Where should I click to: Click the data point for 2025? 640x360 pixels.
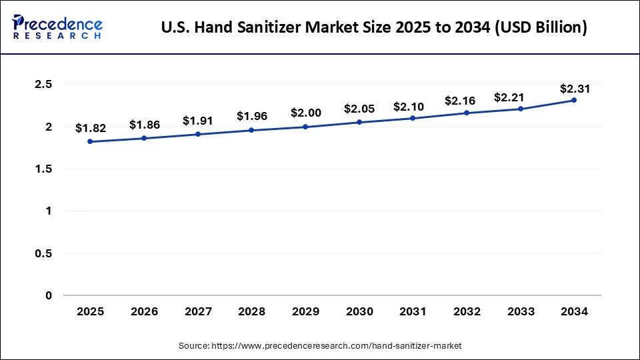(x=90, y=141)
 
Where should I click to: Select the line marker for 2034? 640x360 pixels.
(x=574, y=100)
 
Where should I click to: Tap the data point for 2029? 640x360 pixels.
(x=305, y=127)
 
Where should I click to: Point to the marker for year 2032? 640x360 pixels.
(x=467, y=113)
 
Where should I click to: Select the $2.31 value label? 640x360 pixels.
(x=573, y=88)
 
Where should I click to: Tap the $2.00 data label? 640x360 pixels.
(x=305, y=113)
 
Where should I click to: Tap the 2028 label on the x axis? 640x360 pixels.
(x=251, y=311)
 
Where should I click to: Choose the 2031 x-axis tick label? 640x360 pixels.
(x=413, y=311)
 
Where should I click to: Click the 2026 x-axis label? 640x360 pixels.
(x=143, y=311)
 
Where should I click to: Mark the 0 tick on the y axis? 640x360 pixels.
(x=49, y=295)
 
